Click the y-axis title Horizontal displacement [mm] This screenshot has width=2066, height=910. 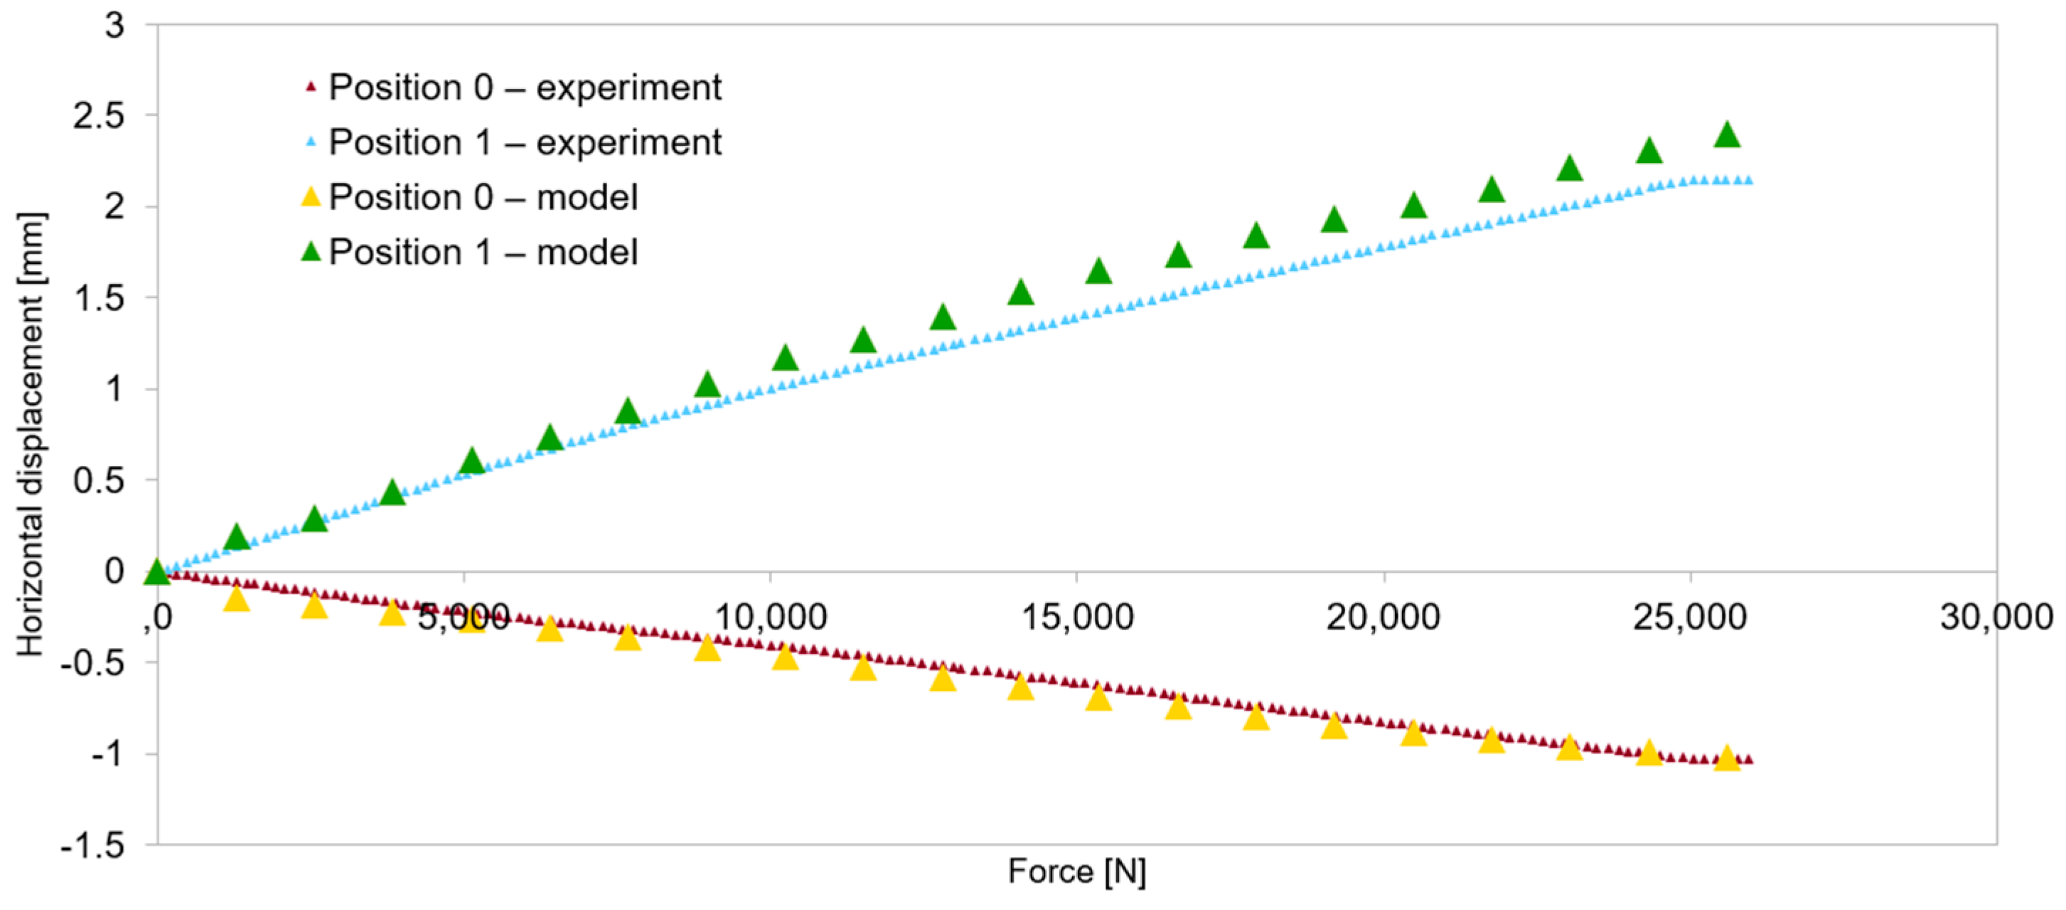coord(31,434)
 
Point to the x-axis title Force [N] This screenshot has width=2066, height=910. coord(1076,871)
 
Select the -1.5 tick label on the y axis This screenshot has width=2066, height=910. coord(93,845)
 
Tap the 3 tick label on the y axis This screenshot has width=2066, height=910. coord(114,25)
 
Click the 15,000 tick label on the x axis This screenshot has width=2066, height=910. coord(1076,616)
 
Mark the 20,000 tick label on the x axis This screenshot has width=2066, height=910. coord(1383,616)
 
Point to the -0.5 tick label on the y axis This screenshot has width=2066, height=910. coord(93,662)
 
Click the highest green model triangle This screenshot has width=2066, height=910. coord(1727,134)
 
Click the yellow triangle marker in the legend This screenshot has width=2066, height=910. coord(311,196)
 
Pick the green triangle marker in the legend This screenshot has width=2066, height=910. coord(311,252)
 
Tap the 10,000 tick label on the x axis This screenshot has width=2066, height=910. coord(769,616)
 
